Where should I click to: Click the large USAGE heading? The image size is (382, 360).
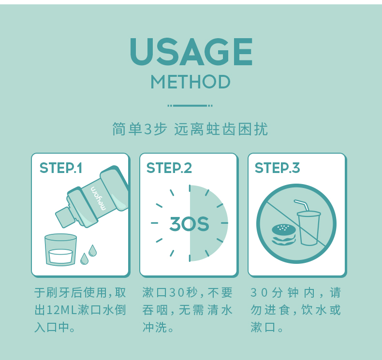tap(191, 52)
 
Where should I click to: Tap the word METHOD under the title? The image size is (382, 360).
tap(191, 82)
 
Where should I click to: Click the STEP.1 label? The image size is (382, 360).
tap(61, 168)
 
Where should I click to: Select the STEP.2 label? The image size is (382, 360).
tap(169, 168)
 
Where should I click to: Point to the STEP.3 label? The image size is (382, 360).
tap(277, 168)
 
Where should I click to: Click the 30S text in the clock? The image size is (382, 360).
tap(189, 224)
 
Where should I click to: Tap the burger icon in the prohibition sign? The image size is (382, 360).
tap(283, 234)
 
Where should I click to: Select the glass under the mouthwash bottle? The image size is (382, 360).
tap(60, 249)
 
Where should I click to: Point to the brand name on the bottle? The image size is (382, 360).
tap(99, 198)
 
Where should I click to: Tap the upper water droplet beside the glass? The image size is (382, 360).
tap(92, 250)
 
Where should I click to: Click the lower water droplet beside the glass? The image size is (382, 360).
tap(84, 259)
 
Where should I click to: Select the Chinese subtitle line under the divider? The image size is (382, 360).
tap(190, 129)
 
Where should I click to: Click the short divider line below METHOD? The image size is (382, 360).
tap(190, 106)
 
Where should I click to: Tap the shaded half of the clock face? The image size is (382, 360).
tap(208, 223)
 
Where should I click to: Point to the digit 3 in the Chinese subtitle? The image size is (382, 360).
tap(147, 129)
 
